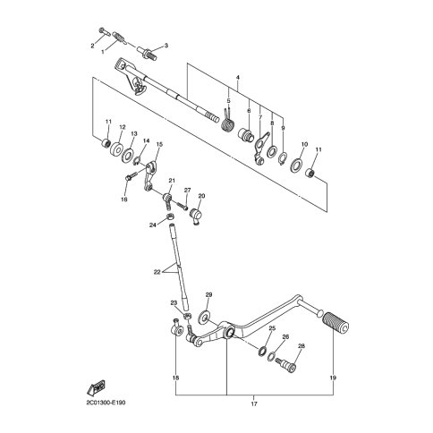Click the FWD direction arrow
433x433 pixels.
[96, 387]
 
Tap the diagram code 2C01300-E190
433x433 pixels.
[106, 403]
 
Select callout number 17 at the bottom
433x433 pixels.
[254, 403]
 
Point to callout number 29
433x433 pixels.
[208, 295]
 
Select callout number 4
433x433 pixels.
[238, 78]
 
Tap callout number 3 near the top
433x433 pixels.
[166, 46]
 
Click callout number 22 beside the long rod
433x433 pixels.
[157, 272]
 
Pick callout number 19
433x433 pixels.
[333, 378]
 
